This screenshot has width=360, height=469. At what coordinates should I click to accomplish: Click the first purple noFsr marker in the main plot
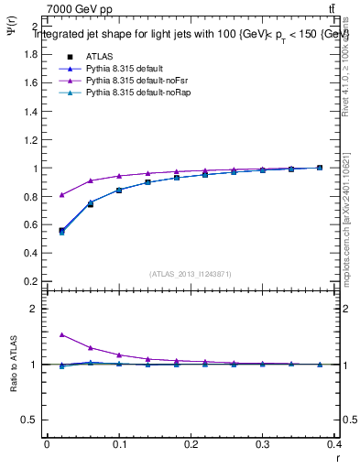pos(61,194)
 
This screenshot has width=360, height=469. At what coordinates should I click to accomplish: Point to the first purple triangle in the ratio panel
pos(61,334)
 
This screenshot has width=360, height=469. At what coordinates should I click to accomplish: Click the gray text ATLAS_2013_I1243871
pos(190,274)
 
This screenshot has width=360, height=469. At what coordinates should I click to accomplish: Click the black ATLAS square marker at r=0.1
pos(119,191)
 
